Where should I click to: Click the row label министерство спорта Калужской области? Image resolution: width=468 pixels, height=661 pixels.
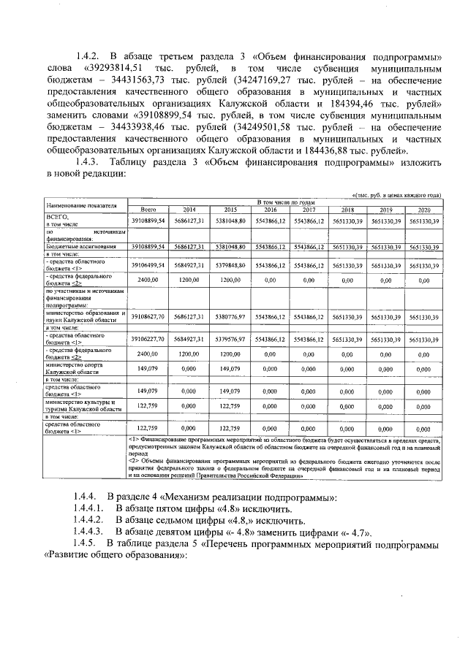(73, 370)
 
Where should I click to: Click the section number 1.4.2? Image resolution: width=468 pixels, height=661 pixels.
(91, 56)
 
